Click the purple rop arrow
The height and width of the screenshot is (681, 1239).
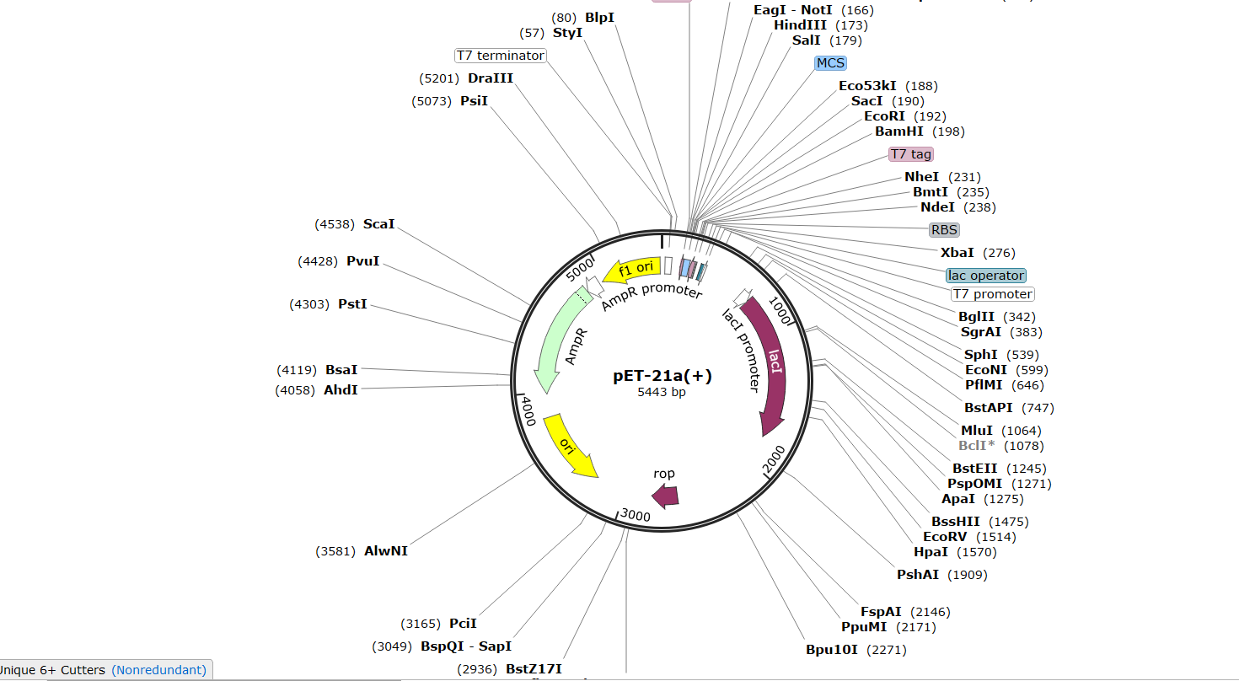pyautogui.click(x=666, y=496)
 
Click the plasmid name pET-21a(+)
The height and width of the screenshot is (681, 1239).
pyautogui.click(x=662, y=376)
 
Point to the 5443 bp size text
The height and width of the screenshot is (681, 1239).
pyautogui.click(x=662, y=392)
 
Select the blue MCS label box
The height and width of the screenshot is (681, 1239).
pyautogui.click(x=830, y=63)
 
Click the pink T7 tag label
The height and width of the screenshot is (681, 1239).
pyautogui.click(x=911, y=154)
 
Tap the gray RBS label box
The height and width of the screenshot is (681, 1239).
pyautogui.click(x=945, y=230)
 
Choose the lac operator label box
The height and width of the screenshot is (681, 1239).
pyautogui.click(x=986, y=276)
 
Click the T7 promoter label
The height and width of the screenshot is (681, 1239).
pyautogui.click(x=992, y=294)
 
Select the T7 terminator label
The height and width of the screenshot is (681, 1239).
pyautogui.click(x=501, y=56)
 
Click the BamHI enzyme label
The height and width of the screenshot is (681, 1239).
pyautogui.click(x=899, y=131)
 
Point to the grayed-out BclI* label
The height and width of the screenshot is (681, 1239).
pyautogui.click(x=976, y=445)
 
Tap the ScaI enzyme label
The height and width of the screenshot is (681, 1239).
pyautogui.click(x=378, y=224)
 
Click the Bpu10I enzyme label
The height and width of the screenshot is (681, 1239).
pyautogui.click(x=831, y=650)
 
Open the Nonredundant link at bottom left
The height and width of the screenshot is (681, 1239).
pyautogui.click(x=158, y=670)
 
